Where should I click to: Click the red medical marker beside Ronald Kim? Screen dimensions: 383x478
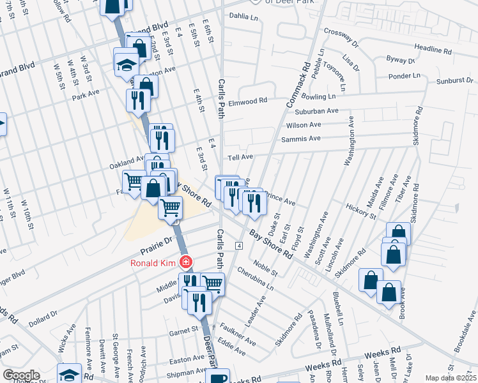point(186,262)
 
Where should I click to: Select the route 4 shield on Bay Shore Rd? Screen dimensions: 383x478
point(238,246)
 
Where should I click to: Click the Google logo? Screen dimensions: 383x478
point(21,375)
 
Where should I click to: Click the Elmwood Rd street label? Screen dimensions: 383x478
point(247,101)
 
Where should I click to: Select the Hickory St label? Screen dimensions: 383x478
point(362,211)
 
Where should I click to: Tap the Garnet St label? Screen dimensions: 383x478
point(184,330)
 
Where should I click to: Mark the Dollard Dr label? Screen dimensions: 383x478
point(43,318)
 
